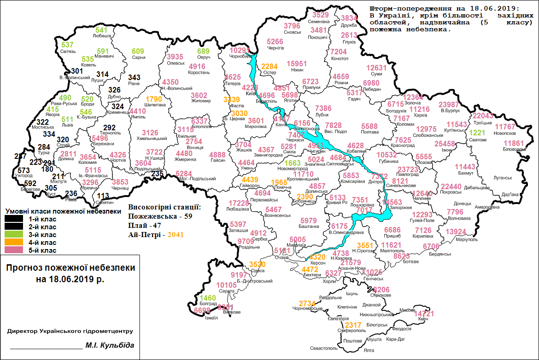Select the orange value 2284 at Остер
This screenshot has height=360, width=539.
pyautogui.click(x=269, y=67)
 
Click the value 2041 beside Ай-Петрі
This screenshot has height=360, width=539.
pyautogui.click(x=176, y=234)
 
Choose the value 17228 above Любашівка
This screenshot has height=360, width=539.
pyautogui.click(x=239, y=203)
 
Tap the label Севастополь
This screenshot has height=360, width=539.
pyautogui.click(x=323, y=348)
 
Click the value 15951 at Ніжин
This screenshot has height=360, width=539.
pyautogui.click(x=297, y=64)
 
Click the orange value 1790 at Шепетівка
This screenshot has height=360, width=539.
pyautogui.click(x=155, y=99)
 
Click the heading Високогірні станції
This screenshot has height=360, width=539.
pyautogui.click(x=164, y=207)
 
